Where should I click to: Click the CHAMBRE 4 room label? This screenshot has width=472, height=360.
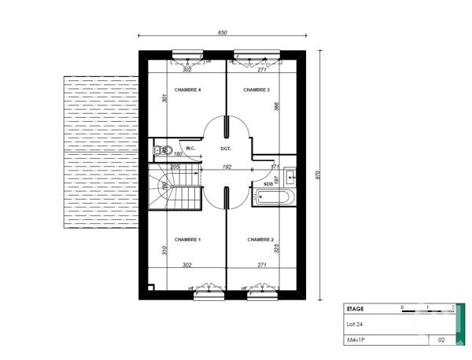click(188, 90)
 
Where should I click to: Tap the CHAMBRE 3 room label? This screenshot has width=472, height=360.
click(256, 90)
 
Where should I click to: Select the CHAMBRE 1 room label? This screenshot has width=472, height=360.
click(188, 239)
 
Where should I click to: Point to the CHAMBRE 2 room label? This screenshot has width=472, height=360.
click(260, 239)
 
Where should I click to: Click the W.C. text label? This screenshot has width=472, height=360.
click(190, 148)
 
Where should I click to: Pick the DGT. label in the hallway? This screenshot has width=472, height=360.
click(226, 148)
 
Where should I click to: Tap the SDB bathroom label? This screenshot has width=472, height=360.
click(267, 184)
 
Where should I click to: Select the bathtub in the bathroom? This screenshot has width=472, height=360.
click(273, 197)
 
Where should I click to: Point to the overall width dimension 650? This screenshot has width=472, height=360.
click(223, 32)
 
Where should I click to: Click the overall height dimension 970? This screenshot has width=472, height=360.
click(319, 175)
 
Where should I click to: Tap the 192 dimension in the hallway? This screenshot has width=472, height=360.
click(226, 167)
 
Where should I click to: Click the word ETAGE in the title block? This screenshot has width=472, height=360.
click(356, 310)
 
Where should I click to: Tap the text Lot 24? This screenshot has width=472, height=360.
click(356, 324)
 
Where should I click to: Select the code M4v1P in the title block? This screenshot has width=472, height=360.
click(358, 341)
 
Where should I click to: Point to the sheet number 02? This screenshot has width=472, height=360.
click(441, 341)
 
